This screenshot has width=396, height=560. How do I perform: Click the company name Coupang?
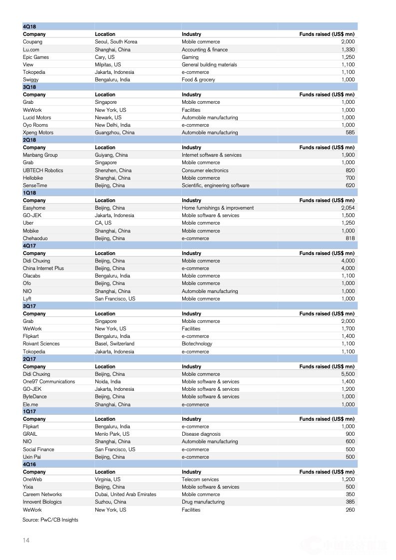pyautogui.click(x=32, y=42)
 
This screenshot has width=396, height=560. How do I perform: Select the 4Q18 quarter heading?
pyautogui.click(x=29, y=26)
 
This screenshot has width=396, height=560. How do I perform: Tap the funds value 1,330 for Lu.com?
pyautogui.click(x=348, y=49)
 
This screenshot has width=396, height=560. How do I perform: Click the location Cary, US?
pyautogui.click(x=104, y=57)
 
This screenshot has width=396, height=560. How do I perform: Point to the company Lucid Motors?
pyautogui.click(x=37, y=117)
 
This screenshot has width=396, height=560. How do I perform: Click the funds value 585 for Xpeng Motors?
pyautogui.click(x=350, y=133)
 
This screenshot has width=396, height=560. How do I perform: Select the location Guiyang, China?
pyautogui.click(x=111, y=155)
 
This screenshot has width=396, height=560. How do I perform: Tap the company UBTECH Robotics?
pyautogui.click(x=43, y=170)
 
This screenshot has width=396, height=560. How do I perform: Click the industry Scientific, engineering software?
pyautogui.click(x=215, y=186)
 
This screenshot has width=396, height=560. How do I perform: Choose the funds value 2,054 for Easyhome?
pyautogui.click(x=348, y=208)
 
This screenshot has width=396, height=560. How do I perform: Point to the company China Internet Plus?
pyautogui.click(x=43, y=268)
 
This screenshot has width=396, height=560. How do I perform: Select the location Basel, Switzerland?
pyautogui.click(x=114, y=343)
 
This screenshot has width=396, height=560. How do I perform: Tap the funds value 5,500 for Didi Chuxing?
pyautogui.click(x=348, y=374)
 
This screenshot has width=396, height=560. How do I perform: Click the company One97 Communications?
pyautogui.click(x=49, y=381)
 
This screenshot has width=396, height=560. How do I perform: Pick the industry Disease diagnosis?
pyautogui.click(x=201, y=434)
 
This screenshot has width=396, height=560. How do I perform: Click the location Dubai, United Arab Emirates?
pyautogui.click(x=125, y=494)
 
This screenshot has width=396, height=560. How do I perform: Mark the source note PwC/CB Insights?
pyautogui.click(x=50, y=520)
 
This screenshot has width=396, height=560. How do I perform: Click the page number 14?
pyautogui.click(x=26, y=541)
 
